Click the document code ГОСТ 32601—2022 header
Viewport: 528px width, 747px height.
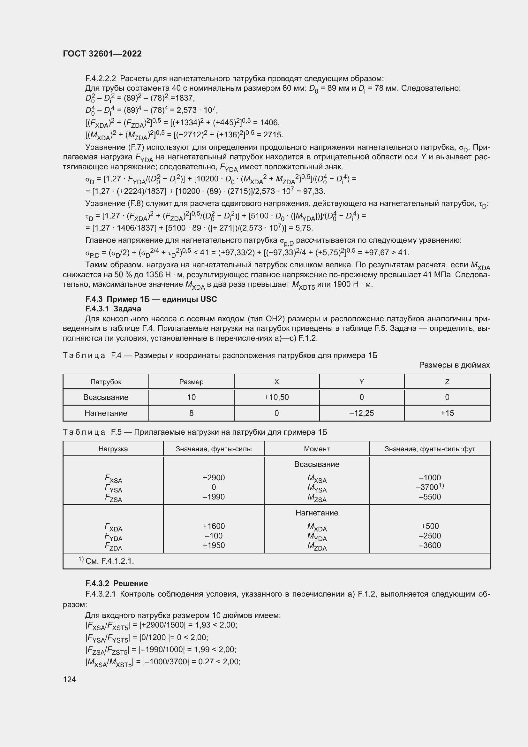(x=102, y=54)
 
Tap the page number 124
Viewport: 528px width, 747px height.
(x=69, y=679)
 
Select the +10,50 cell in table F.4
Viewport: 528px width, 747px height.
(x=276, y=397)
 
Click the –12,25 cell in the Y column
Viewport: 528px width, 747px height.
(x=362, y=413)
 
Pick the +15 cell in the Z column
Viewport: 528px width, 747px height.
(x=447, y=413)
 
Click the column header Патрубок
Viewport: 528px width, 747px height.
(x=106, y=382)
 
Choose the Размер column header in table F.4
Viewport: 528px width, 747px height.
(x=191, y=382)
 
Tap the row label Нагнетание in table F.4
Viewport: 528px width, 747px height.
(x=106, y=413)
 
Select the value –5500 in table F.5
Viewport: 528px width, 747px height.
(x=429, y=497)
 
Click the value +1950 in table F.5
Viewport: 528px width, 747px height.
(x=214, y=545)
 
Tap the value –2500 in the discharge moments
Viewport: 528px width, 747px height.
(x=429, y=536)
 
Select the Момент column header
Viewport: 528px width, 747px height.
(x=317, y=449)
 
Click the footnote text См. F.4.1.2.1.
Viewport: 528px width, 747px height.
(x=109, y=561)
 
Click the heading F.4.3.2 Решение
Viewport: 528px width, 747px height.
(x=117, y=583)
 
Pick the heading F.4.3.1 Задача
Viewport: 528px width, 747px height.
(x=113, y=309)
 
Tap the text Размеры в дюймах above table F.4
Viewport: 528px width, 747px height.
(x=454, y=365)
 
